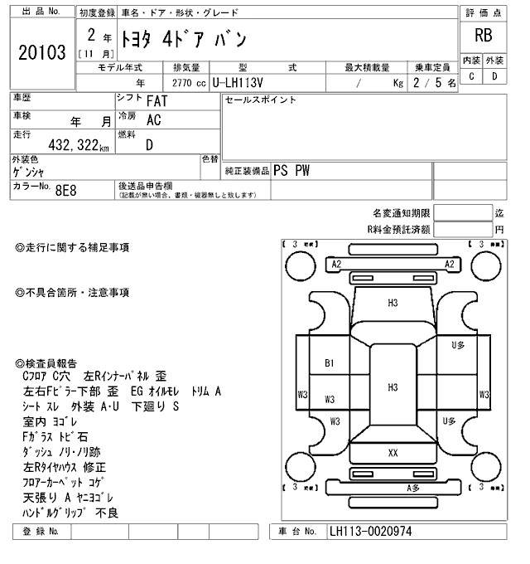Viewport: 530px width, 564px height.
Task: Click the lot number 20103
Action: coord(41,53)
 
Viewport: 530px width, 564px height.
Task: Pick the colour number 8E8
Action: coord(65,190)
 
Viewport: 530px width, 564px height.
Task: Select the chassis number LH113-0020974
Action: coord(370,531)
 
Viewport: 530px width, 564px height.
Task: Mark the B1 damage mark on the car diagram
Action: coord(329,362)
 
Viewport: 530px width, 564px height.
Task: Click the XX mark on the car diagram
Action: coord(393,453)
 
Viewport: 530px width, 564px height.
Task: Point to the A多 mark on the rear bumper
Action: coord(412,488)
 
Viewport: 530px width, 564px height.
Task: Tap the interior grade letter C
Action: coord(471,76)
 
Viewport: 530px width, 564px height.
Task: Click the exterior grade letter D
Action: coord(494,76)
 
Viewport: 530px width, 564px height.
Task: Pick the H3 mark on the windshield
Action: coord(393,303)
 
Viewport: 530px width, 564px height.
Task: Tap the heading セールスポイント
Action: coord(261,100)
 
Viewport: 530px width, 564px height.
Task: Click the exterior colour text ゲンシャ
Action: coord(29,171)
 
